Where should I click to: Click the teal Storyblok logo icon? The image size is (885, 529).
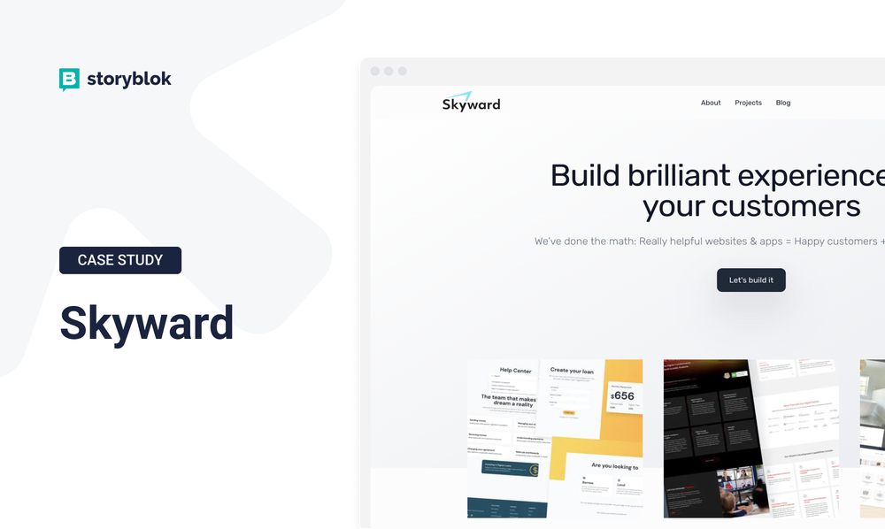pyautogui.click(x=69, y=80)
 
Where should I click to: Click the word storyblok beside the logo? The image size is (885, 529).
pyautogui.click(x=129, y=79)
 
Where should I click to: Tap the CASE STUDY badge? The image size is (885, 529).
pyautogui.click(x=120, y=260)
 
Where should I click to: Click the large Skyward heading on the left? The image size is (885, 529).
pyautogui.click(x=147, y=323)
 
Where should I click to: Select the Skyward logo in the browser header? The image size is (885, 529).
pyautogui.click(x=471, y=103)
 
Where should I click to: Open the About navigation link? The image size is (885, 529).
pyautogui.click(x=711, y=103)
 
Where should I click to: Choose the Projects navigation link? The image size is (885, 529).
pyautogui.click(x=748, y=103)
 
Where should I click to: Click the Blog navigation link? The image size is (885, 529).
pyautogui.click(x=783, y=103)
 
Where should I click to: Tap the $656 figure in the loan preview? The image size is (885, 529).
pyautogui.click(x=623, y=395)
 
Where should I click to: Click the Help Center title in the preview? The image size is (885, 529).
pyautogui.click(x=515, y=371)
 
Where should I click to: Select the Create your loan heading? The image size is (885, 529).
pyautogui.click(x=572, y=371)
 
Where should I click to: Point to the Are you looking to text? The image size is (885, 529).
pyautogui.click(x=614, y=466)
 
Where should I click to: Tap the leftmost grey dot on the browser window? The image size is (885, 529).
pyautogui.click(x=374, y=71)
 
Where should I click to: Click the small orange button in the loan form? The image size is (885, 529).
pyautogui.click(x=568, y=412)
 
